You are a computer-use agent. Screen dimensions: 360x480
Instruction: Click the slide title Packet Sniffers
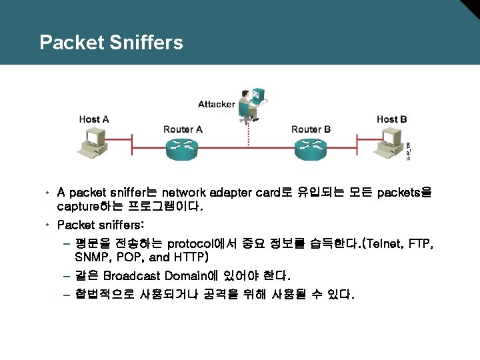pyautogui.click(x=111, y=43)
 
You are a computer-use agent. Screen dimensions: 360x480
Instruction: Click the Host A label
pyautogui.click(x=93, y=119)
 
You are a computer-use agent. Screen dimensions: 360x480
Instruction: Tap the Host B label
pyautogui.click(x=391, y=119)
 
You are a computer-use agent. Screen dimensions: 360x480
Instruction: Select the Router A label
pyautogui.click(x=183, y=129)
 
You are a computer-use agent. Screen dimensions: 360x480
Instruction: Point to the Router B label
pyautogui.click(x=311, y=129)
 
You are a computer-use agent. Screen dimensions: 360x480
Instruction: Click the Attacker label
pyautogui.click(x=216, y=104)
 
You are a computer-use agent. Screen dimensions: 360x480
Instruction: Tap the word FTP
pyautogui.click(x=419, y=243)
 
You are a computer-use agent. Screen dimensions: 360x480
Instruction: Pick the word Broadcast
pyautogui.click(x=133, y=275)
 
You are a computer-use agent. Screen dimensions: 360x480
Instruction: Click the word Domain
pyautogui.click(x=187, y=275)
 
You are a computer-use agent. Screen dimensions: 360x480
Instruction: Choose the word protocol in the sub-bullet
pyautogui.click(x=194, y=243)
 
